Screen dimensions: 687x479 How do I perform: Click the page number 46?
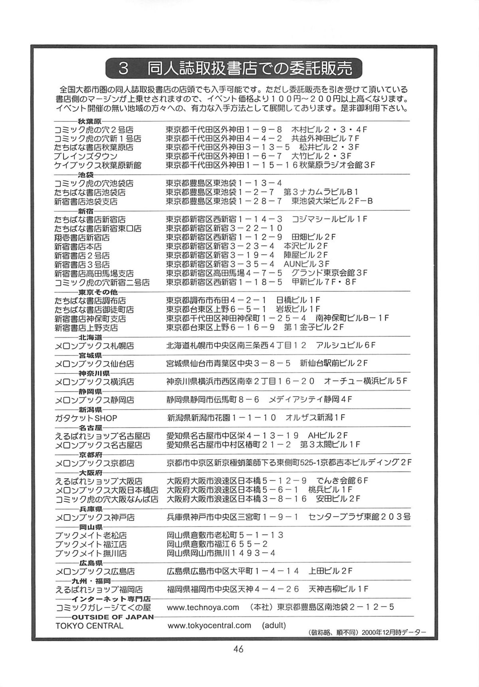point(239,649)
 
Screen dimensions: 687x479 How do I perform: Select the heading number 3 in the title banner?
point(123,69)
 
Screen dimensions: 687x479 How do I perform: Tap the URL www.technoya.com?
point(203,607)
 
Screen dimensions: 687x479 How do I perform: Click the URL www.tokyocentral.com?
point(209,626)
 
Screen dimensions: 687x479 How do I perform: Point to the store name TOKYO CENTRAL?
point(89,626)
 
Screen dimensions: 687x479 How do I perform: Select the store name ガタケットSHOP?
point(86,418)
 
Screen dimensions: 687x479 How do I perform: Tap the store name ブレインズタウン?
point(86,156)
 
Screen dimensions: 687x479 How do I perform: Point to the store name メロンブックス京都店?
point(95,463)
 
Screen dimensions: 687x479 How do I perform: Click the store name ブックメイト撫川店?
point(91,554)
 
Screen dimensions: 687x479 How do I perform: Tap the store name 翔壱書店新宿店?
point(82,238)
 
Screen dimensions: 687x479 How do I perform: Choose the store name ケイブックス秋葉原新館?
point(98,165)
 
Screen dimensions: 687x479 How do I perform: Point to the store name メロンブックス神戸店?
point(95,517)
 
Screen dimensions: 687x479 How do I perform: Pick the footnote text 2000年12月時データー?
point(390,632)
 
